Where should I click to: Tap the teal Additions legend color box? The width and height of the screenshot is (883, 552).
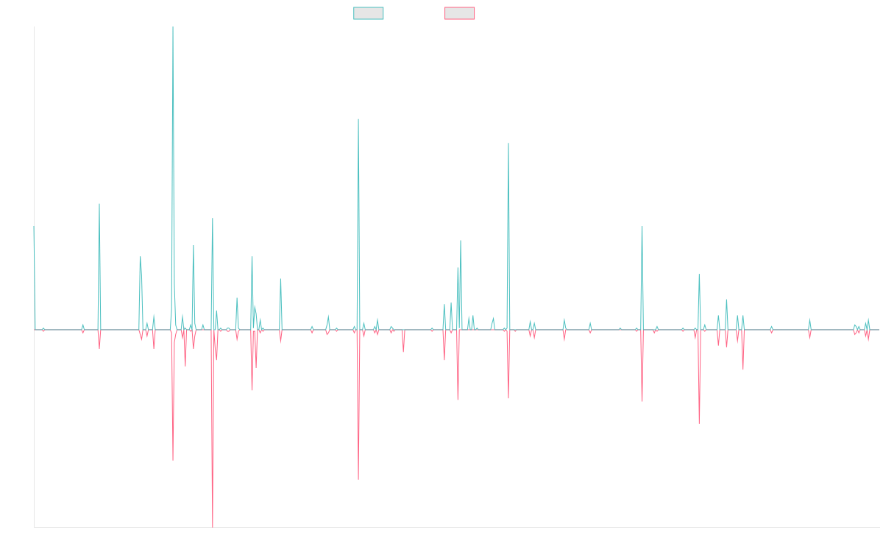(x=369, y=13)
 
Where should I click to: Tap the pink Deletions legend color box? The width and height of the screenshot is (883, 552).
(x=460, y=13)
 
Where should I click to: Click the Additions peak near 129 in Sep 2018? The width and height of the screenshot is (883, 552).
(x=358, y=119)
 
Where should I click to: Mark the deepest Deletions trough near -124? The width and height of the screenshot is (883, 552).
(x=213, y=526)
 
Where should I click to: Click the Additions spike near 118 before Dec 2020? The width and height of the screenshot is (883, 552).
(x=508, y=143)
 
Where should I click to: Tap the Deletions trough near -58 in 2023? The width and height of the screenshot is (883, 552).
(x=699, y=422)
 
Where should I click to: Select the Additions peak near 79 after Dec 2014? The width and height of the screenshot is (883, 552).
(x=99, y=204)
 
